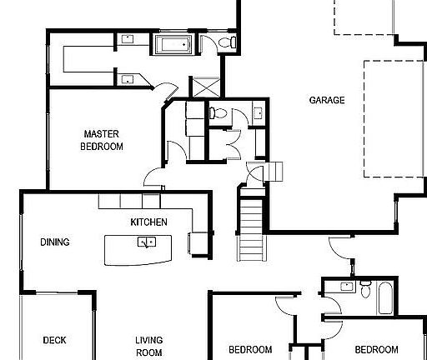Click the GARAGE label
click(327, 101)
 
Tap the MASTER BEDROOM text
click(102, 140)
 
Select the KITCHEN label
click(149, 222)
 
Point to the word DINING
click(54, 243)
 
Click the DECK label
click(54, 340)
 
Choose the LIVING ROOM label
click(149, 346)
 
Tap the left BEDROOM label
click(250, 349)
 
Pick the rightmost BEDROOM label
click(376, 349)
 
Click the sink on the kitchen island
click(147, 242)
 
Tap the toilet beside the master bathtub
click(229, 42)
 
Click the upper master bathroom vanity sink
click(129, 38)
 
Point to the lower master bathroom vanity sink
click(128, 79)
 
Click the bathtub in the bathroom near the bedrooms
click(384, 297)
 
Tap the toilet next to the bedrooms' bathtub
click(364, 288)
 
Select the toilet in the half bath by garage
click(213, 112)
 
